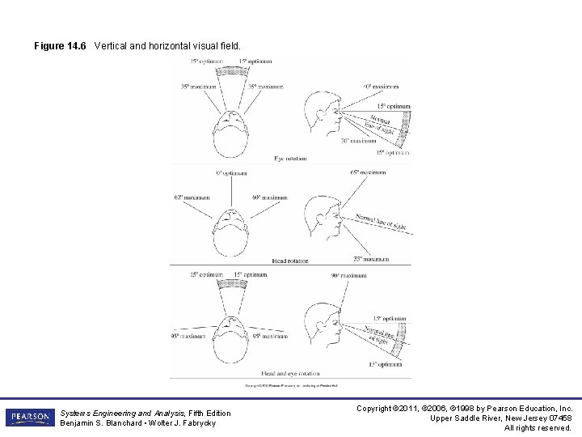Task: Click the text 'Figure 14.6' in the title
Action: (60, 46)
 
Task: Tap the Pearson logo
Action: (29, 418)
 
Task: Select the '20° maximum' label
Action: (357, 141)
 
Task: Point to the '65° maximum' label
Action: (368, 172)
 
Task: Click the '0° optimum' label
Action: (231, 172)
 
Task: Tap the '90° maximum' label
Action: (348, 275)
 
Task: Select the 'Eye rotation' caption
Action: (290, 158)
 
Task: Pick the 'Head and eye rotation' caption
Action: (290, 374)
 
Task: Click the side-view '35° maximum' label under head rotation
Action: (370, 259)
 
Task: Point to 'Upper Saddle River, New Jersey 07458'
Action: (501, 418)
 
